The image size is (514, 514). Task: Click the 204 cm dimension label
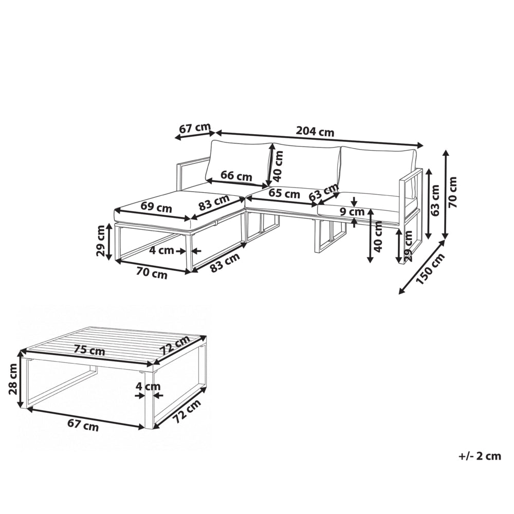(315, 132)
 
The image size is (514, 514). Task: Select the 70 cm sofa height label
(453, 192)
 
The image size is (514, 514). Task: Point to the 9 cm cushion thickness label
(352, 211)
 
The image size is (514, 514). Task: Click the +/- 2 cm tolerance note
(480, 456)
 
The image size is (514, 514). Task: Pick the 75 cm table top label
(89, 351)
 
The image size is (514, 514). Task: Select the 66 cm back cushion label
(236, 176)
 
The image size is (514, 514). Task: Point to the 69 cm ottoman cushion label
(156, 207)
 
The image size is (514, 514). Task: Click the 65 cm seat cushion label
(284, 193)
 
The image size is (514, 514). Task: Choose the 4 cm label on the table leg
(148, 387)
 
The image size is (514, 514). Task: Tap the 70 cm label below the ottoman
(152, 274)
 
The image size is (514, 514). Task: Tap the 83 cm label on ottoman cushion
(214, 204)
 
